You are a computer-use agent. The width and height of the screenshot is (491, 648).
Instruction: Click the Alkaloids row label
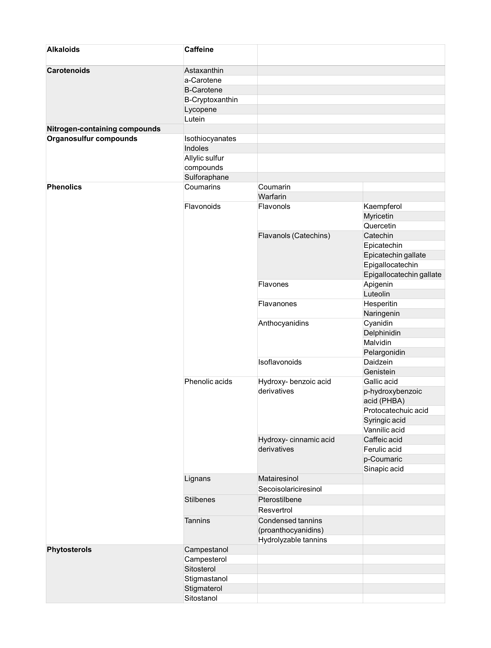click(x=63, y=50)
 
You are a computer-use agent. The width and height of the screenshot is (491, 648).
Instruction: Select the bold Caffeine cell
click(x=199, y=50)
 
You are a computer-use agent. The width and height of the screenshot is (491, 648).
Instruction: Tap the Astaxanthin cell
click(x=204, y=71)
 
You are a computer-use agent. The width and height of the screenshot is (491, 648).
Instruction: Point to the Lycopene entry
click(x=201, y=110)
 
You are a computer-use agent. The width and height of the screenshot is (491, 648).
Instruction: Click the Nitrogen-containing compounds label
click(x=104, y=129)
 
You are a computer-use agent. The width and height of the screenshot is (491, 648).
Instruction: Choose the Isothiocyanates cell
click(x=210, y=139)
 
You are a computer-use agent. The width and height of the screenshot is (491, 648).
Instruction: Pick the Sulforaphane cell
click(x=207, y=177)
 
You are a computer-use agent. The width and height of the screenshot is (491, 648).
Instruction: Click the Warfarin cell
click(x=272, y=197)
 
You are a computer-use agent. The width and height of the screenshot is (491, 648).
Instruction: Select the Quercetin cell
click(x=380, y=226)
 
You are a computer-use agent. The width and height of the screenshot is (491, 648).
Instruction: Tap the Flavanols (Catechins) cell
click(x=294, y=236)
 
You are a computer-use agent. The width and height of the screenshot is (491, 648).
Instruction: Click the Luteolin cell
click(x=377, y=294)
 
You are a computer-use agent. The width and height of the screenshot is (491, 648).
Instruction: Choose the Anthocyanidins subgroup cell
click(x=283, y=323)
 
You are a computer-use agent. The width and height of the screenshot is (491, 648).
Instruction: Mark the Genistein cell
click(x=379, y=372)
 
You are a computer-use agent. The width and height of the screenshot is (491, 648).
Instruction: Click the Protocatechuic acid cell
click(x=396, y=410)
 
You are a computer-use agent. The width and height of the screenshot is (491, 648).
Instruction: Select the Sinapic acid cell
click(x=383, y=469)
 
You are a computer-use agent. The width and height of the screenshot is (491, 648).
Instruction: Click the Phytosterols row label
click(x=69, y=550)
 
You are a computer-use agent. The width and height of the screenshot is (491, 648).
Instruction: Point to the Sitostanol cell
click(x=201, y=598)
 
